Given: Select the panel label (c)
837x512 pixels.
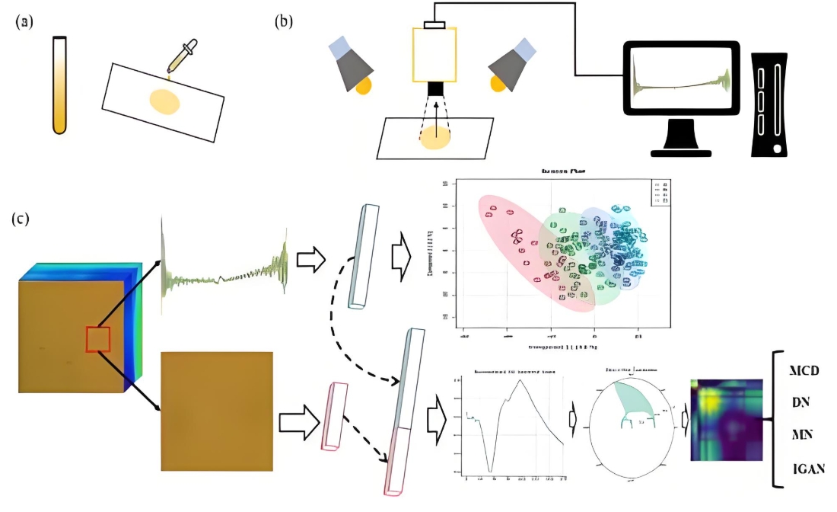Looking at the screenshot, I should (21, 219).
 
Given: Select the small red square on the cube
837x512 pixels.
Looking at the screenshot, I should (98, 338).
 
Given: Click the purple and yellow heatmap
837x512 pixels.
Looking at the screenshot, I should (726, 419).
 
